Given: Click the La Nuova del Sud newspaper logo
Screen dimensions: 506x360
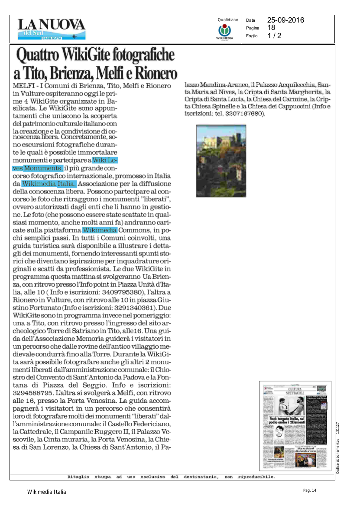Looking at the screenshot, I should tap(52, 29).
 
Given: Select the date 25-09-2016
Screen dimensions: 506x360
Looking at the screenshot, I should tap(285, 20).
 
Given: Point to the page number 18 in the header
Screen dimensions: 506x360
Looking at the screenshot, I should tap(271, 28).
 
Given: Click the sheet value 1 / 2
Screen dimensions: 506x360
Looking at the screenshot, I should tap(274, 36).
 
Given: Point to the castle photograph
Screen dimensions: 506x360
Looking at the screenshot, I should tap(221, 161).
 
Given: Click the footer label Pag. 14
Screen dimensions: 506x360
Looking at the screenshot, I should tap(310, 490).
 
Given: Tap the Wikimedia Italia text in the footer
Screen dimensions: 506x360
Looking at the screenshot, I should tap(47, 492).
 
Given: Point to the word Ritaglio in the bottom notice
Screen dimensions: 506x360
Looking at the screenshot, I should tap(78, 477).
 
